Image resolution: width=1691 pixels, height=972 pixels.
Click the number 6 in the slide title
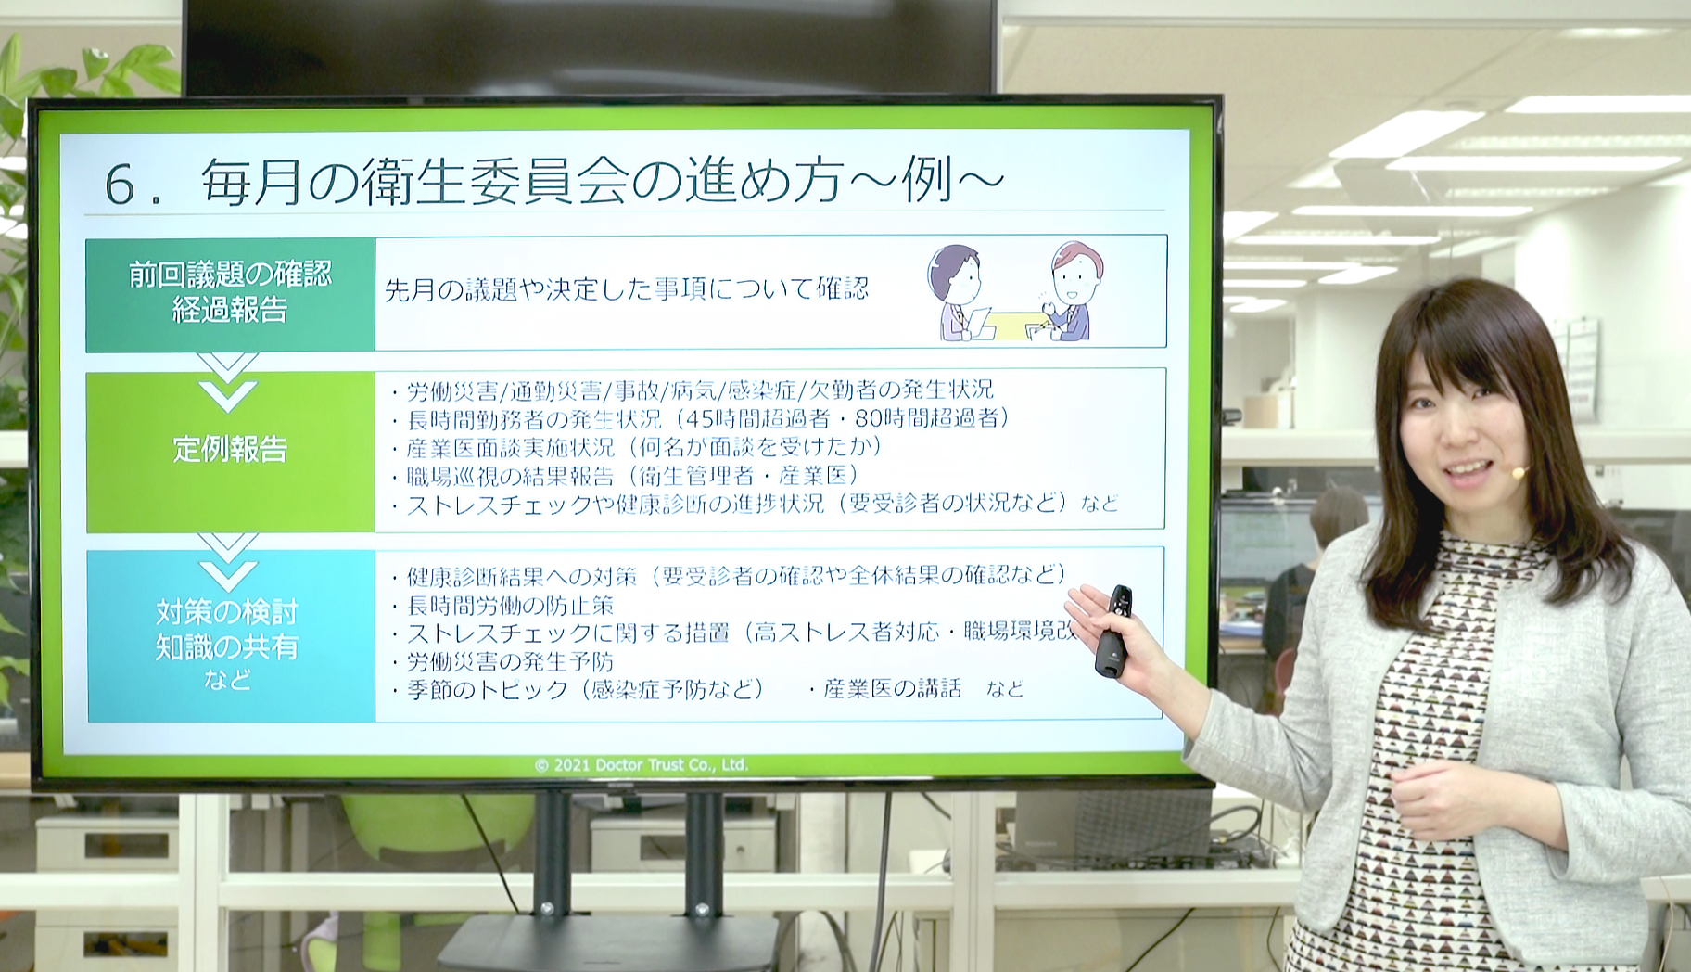coord(121,184)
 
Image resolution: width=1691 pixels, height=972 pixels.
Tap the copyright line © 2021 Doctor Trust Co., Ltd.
coord(641,765)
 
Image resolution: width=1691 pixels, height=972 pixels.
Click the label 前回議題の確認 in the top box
coord(230,275)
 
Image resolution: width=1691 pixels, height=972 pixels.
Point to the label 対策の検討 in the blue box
coord(227,612)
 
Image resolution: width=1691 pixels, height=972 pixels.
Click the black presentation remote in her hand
coord(1114,631)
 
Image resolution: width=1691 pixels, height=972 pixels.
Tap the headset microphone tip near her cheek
coord(1519,472)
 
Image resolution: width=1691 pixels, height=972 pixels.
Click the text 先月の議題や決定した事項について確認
coord(627,289)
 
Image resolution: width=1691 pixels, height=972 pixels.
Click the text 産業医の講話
coord(892,688)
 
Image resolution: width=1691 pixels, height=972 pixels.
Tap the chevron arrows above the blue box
coord(228,561)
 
